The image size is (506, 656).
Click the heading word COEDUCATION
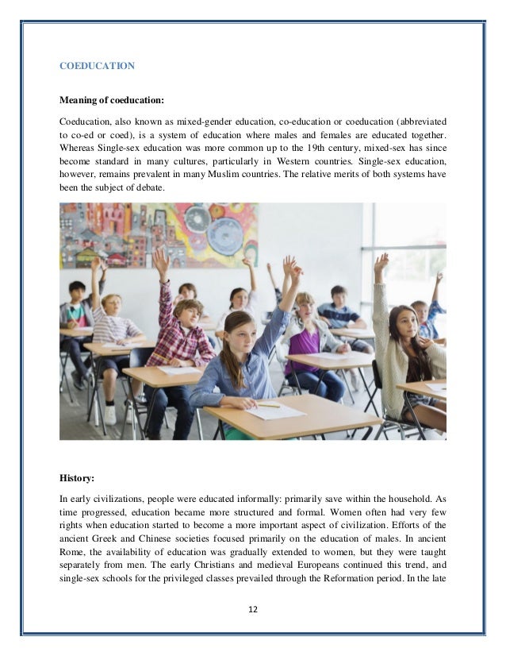(x=97, y=67)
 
